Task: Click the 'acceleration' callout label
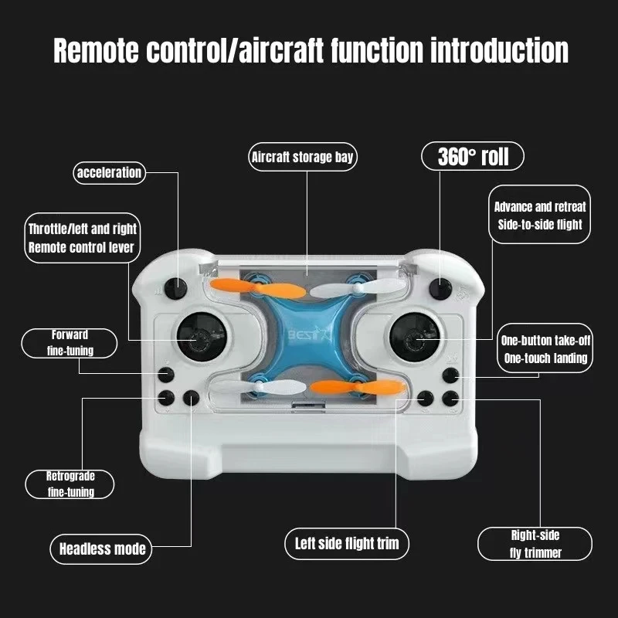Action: point(109,172)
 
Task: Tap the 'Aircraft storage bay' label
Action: point(303,158)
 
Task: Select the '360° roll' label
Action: point(473,157)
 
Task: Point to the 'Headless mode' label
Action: point(103,549)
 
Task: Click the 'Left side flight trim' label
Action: point(347,542)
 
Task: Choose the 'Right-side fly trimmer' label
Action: point(535,544)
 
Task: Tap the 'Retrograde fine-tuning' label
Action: point(70,484)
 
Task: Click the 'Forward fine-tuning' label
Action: point(70,343)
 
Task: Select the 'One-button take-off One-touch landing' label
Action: point(544,349)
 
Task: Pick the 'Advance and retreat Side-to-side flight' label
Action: point(540,216)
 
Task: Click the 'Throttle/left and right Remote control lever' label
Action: point(82,238)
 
